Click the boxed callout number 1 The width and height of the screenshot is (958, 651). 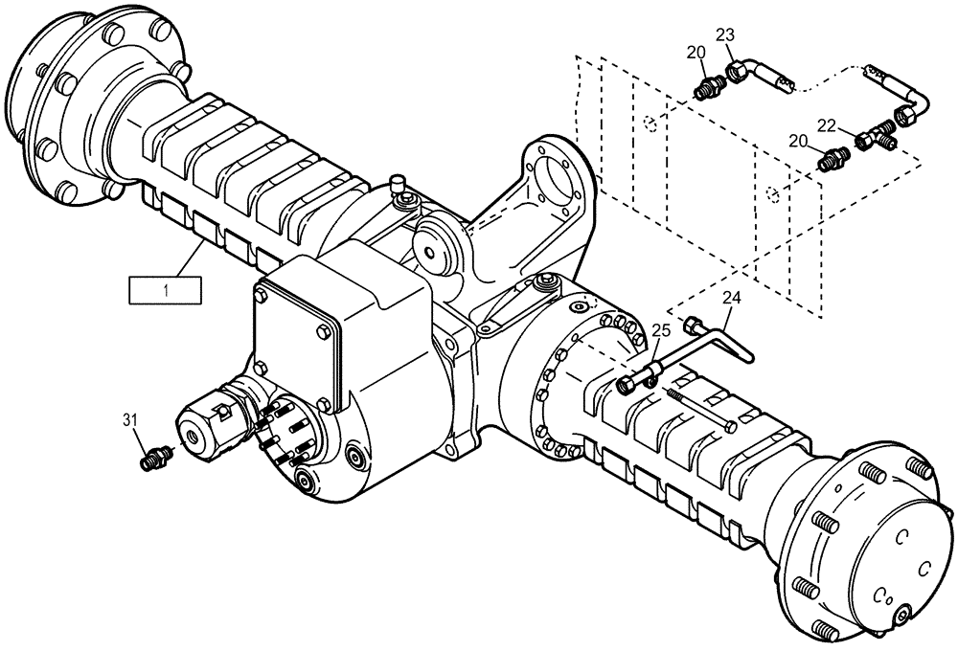(x=167, y=288)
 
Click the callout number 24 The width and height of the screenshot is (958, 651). (x=731, y=300)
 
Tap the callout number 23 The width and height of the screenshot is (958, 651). (x=726, y=36)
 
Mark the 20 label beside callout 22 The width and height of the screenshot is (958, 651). (x=799, y=142)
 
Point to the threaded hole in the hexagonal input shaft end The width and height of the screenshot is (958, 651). (x=195, y=437)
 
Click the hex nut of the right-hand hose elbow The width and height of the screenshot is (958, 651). (x=902, y=118)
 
